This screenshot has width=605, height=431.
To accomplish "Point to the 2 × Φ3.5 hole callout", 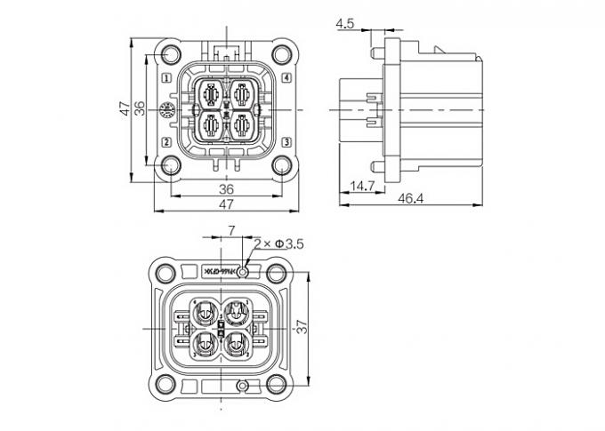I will pyautogui.click(x=279, y=243).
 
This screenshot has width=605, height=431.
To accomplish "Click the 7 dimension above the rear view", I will pyautogui.click(x=231, y=231).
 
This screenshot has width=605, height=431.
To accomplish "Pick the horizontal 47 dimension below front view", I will pyautogui.click(x=226, y=204).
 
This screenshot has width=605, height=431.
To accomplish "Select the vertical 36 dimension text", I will pyautogui.click(x=140, y=108).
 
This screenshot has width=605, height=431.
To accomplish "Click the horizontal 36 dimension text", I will pyautogui.click(x=226, y=188).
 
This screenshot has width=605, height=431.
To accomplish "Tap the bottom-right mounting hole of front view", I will pyautogui.click(x=282, y=164).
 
